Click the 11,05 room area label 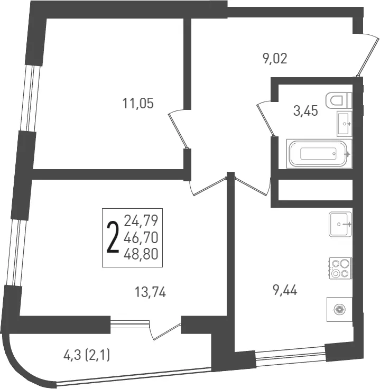coord(138,103)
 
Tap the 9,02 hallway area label coord(275,59)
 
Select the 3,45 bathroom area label coord(305,110)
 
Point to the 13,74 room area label coord(150,292)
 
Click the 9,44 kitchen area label coord(284,290)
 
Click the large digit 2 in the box coord(113,238)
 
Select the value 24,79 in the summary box coord(141,221)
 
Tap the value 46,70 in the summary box coord(141,238)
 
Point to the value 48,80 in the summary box coord(141,254)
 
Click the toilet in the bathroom coord(339,100)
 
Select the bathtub coord(319,154)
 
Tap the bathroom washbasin coord(344,124)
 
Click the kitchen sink coord(340,224)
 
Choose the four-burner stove coord(340,268)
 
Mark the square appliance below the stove coord(339,309)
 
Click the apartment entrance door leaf coord(368,57)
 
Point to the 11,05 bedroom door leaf coord(178,131)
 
